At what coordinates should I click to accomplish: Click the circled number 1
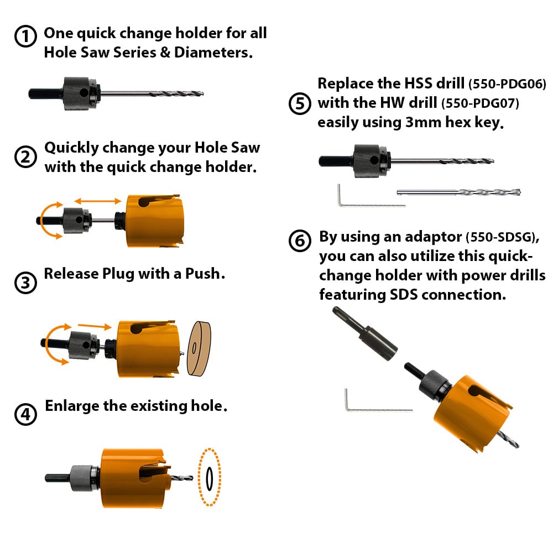click(25, 36)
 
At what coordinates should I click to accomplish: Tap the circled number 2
click(25, 157)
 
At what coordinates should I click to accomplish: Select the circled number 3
click(25, 283)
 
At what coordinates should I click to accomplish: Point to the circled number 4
click(25, 414)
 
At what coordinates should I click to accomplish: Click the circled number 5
click(300, 104)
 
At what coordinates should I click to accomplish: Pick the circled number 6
click(300, 241)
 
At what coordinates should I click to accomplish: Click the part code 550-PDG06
click(507, 84)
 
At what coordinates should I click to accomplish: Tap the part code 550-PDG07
click(480, 104)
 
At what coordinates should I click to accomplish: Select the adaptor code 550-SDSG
click(502, 237)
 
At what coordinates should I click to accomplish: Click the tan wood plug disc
click(199, 348)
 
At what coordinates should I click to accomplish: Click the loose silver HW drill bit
click(458, 192)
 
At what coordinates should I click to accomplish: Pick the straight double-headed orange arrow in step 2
click(98, 201)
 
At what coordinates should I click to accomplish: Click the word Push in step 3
click(202, 274)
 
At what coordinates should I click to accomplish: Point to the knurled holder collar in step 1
click(76, 94)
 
